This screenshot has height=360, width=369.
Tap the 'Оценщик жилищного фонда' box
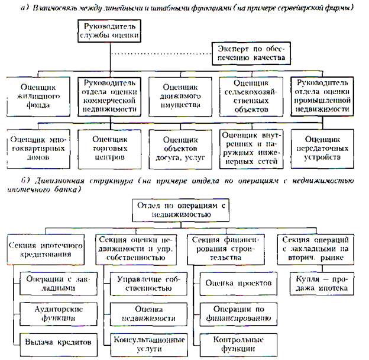pyautogui.click(x=38, y=95)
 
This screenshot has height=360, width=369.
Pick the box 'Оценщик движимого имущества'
pyautogui.click(x=182, y=95)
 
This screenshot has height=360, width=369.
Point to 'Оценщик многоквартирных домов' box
pyautogui.click(x=38, y=147)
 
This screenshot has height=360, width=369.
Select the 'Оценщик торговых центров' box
pyautogui.click(x=109, y=147)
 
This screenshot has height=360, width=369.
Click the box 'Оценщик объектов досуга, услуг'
pyautogui.click(x=182, y=147)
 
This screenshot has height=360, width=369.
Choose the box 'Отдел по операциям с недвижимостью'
pyautogui.click(x=182, y=208)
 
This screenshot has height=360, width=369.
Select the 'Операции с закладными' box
pyautogui.click(x=56, y=283)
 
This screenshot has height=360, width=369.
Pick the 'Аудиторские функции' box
pyautogui.click(x=56, y=313)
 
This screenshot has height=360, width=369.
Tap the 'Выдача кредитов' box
pyautogui.click(x=56, y=342)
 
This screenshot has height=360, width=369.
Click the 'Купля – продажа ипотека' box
pyautogui.click(x=320, y=283)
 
